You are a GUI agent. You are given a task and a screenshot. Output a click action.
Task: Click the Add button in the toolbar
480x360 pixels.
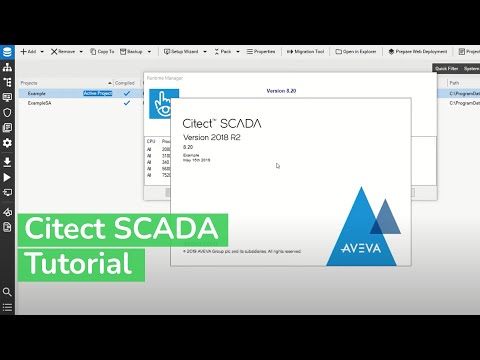pos(29,50)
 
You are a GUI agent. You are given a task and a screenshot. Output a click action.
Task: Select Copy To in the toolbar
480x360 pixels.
pos(101,50)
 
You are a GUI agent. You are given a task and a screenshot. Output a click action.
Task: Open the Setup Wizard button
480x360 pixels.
pos(184,50)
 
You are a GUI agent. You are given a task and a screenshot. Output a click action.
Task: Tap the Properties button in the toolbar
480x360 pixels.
pos(260,50)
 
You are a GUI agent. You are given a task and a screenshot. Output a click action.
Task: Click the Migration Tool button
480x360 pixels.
pos(308,50)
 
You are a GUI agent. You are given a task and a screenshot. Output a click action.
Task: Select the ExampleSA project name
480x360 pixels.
pos(41,103)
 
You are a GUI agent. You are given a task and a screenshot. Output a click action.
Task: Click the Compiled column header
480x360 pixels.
pos(125,83)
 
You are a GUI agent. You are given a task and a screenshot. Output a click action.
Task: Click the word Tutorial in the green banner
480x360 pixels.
pos(80,264)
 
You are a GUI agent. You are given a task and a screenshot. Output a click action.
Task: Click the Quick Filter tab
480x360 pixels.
pos(446,69)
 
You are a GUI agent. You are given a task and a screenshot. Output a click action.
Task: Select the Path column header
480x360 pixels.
pos(455,83)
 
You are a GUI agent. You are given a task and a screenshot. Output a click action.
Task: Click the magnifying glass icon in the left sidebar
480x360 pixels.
pos(7,292)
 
